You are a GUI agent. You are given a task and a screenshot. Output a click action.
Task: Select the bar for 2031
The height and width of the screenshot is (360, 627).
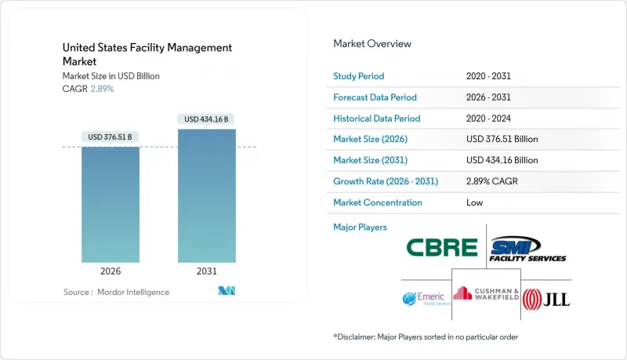[207, 195]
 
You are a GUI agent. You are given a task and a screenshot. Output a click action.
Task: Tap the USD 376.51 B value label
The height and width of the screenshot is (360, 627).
[111, 137]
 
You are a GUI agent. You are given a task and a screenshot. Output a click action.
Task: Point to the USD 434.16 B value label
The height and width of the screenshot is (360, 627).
[207, 119]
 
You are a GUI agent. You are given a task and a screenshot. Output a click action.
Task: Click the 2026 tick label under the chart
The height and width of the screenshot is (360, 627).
[111, 271]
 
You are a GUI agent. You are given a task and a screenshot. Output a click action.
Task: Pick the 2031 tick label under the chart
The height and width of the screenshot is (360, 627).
[207, 271]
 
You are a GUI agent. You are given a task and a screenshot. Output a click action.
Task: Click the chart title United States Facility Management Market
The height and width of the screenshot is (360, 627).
[147, 54]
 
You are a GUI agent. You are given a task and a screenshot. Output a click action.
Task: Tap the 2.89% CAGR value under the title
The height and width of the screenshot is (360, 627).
[101, 89]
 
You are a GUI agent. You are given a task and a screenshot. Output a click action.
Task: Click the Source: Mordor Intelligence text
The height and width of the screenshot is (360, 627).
[116, 293]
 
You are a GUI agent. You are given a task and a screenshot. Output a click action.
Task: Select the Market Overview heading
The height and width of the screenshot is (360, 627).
[372, 44]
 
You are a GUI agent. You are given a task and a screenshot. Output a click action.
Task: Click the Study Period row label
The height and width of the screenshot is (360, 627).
[359, 76]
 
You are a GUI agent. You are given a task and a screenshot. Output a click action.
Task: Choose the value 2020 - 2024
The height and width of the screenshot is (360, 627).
[492, 118]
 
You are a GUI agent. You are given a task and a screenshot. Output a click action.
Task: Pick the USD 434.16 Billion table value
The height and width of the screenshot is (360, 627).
[502, 160]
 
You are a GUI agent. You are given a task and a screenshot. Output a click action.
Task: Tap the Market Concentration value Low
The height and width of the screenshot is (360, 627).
[473, 202]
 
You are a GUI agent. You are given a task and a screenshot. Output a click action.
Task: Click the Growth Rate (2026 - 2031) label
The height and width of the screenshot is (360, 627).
[386, 181]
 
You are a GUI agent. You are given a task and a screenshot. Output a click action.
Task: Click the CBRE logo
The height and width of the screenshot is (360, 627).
[442, 248]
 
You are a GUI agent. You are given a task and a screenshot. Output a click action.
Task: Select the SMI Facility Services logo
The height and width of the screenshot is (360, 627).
[527, 249]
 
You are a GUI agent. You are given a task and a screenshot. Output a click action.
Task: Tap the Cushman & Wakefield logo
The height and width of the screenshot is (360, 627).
[487, 294]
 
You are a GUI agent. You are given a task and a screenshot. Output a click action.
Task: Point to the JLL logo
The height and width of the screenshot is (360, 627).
[546, 299]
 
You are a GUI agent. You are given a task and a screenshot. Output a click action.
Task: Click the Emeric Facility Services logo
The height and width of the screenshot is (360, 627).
[424, 298]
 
